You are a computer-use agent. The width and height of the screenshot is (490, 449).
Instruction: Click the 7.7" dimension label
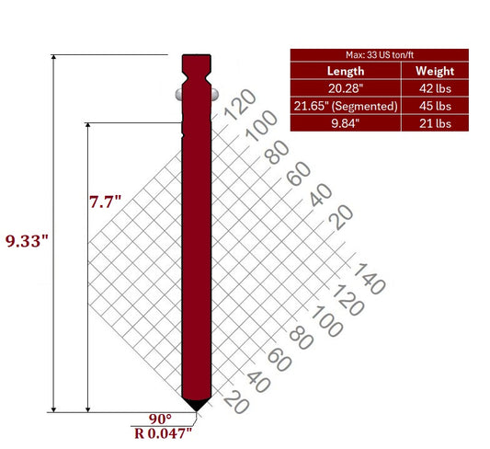pos(105,200)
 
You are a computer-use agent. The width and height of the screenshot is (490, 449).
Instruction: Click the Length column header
pos(345,71)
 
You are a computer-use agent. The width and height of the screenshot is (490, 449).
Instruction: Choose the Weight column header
pos(433,71)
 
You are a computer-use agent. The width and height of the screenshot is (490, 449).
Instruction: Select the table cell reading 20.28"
pos(345,88)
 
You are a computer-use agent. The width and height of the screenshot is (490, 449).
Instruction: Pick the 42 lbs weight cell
pos(433,88)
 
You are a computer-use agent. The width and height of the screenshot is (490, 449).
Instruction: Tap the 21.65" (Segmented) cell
pos(345,106)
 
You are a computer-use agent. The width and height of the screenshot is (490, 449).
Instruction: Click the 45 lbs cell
pos(433,106)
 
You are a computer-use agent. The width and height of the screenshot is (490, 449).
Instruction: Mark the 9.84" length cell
pos(345,123)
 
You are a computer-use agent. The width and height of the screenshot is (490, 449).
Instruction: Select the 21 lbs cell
pos(433,123)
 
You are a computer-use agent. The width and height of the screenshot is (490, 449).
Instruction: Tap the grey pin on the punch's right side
pos(213,93)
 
